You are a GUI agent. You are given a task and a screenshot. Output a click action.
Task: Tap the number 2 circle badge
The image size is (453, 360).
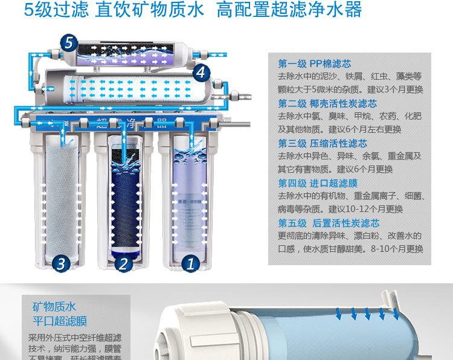[x=123, y=263]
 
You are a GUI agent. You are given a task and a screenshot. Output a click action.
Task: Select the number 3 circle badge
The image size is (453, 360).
[x=60, y=263]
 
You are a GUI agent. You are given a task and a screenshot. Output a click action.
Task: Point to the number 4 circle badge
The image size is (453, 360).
[x=201, y=73]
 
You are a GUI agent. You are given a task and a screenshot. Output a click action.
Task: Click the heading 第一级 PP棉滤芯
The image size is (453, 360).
[x=314, y=64]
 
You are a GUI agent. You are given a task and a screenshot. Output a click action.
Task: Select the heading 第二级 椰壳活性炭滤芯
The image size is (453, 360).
[x=327, y=103]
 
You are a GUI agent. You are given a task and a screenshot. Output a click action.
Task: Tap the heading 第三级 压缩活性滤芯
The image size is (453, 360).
[x=322, y=143]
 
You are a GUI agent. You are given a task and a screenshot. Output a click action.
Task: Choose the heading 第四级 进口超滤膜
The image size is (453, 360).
[x=318, y=183]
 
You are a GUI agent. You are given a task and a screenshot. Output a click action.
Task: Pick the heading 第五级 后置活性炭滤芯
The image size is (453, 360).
[x=329, y=223]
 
